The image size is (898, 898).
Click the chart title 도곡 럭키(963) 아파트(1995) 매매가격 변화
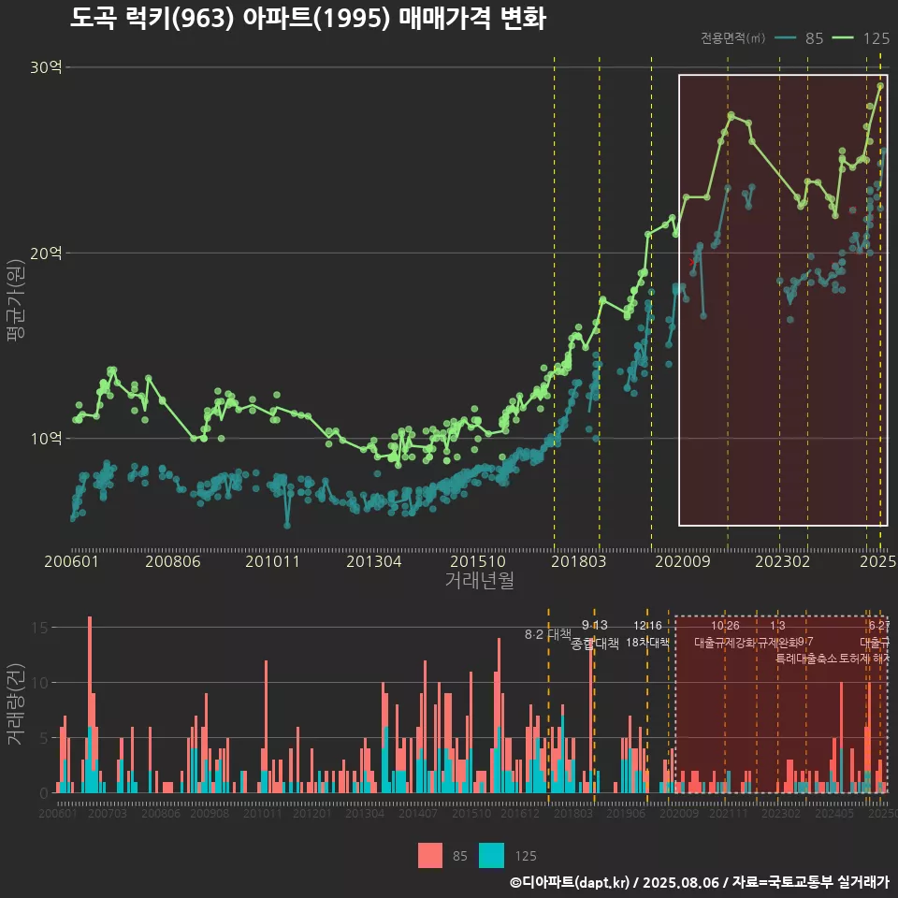tap(308, 18)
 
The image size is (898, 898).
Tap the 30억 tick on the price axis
tap(45, 67)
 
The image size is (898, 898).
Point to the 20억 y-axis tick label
tap(45, 253)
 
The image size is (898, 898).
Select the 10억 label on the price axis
tap(45, 438)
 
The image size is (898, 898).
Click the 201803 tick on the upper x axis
tap(578, 561)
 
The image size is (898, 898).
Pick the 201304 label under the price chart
tap(374, 561)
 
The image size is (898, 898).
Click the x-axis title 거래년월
tap(479, 581)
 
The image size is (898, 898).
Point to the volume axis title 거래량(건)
tap(15, 704)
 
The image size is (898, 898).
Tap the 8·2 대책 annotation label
tap(548, 634)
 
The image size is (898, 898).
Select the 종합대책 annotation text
tap(595, 644)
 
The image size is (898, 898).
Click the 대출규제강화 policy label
tap(724, 643)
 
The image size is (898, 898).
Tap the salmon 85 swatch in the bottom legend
tap(430, 855)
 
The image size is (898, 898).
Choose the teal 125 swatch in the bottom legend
tap(492, 855)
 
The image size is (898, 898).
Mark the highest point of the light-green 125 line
tap(880, 85)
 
